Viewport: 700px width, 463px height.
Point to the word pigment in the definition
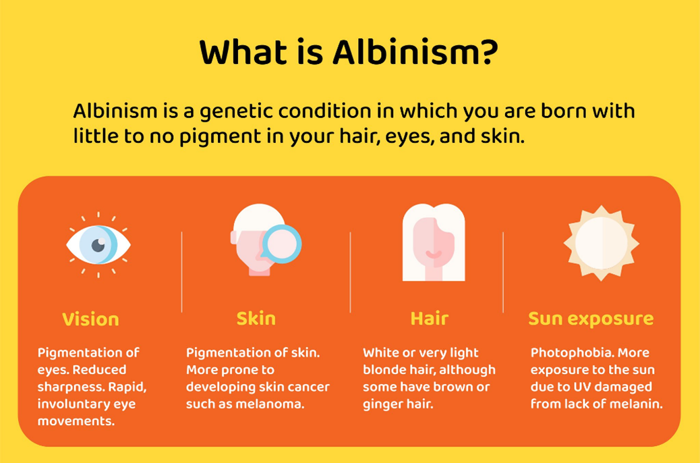click(220, 137)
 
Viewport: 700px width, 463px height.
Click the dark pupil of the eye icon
click(98, 245)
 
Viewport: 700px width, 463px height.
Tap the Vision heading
click(90, 319)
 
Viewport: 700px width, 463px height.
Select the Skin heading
click(256, 319)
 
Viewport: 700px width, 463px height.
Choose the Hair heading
click(429, 319)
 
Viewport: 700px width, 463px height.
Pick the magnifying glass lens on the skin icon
click(282, 244)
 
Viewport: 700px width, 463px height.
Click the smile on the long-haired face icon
click(434, 254)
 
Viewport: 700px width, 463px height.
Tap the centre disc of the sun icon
click(602, 243)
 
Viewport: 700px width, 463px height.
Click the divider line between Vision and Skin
click(181, 272)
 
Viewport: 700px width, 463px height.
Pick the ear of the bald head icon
click(234, 238)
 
